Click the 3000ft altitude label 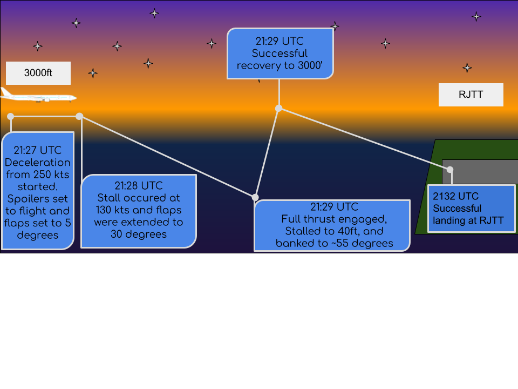(x=38, y=73)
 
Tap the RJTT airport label (x=471, y=95)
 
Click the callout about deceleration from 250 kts (x=37, y=190)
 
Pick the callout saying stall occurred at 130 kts (x=138, y=211)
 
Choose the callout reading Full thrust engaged (x=332, y=225)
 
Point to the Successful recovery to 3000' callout (x=280, y=53)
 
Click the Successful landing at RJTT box (x=471, y=208)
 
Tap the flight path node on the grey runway (x=449, y=170)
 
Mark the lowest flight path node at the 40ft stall (x=255, y=197)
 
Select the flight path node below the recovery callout (x=278, y=108)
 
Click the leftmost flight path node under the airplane (x=10, y=116)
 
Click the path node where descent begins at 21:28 (x=79, y=116)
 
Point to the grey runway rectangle (x=480, y=172)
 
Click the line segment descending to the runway (x=364, y=139)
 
